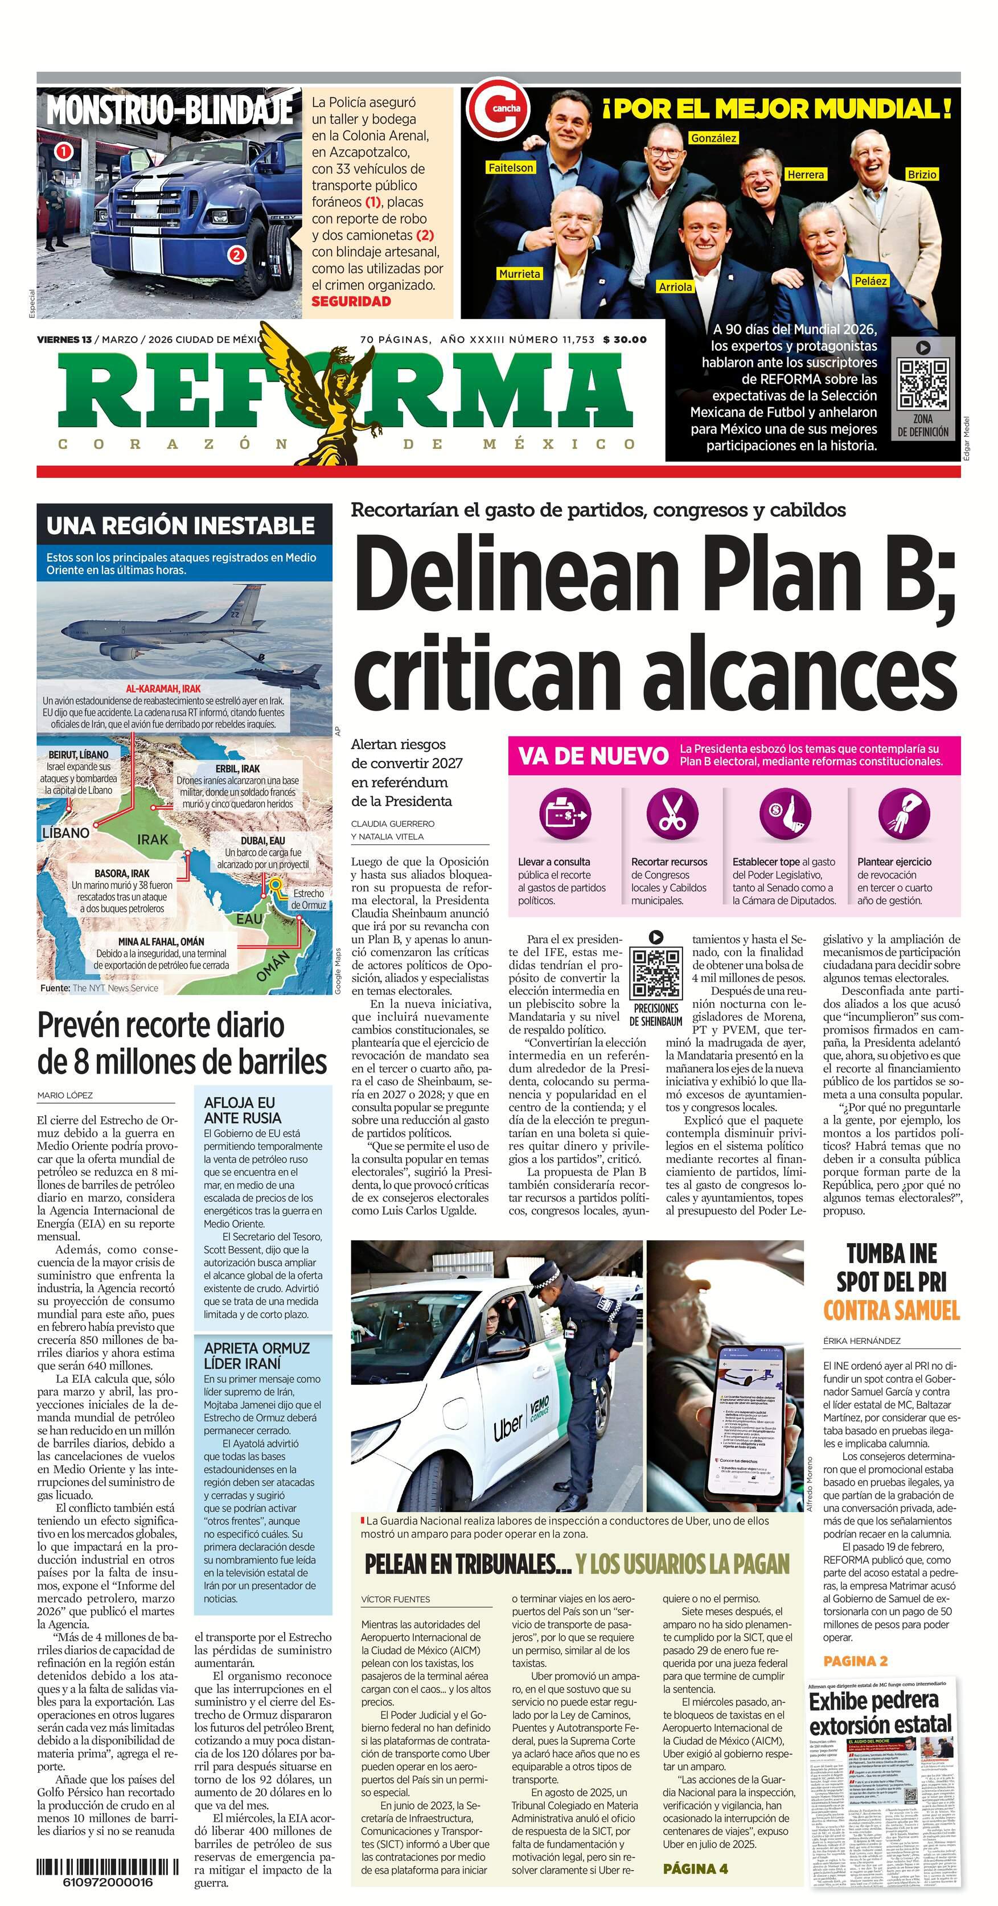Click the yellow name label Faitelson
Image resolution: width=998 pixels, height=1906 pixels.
(x=511, y=168)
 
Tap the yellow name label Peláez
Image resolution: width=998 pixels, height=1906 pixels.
(x=870, y=281)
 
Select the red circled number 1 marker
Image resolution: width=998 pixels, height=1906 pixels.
(x=64, y=151)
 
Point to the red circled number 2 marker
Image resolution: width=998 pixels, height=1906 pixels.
(x=237, y=255)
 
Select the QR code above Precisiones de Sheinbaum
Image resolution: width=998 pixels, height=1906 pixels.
(x=655, y=973)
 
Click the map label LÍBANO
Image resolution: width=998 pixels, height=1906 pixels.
(x=66, y=833)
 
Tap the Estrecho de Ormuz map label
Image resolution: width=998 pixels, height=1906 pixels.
(x=308, y=899)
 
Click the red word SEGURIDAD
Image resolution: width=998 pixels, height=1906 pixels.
(x=351, y=301)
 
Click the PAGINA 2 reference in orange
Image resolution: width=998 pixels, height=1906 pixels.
(x=855, y=1661)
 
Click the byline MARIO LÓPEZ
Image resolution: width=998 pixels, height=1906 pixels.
(x=65, y=1095)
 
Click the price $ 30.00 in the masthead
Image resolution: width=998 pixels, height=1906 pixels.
(x=625, y=339)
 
